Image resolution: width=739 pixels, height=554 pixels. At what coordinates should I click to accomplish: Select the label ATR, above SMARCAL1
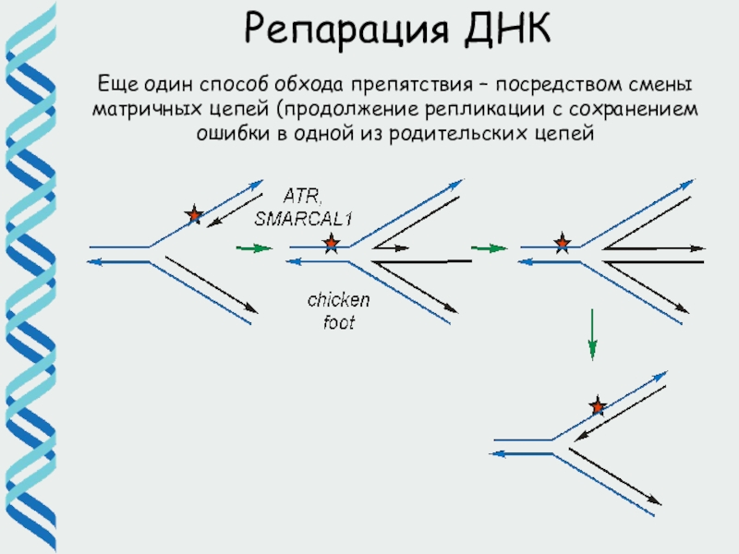(302, 196)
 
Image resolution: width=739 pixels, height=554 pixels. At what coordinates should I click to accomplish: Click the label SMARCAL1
(305, 219)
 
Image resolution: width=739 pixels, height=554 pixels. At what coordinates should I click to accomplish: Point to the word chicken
(339, 300)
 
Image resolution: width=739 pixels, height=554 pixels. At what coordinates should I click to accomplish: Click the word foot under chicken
(339, 323)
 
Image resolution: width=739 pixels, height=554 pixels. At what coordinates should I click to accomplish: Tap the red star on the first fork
(194, 216)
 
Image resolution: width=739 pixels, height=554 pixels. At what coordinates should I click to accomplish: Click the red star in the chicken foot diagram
(331, 245)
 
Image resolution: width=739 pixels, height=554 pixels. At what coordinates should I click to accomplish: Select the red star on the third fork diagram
(562, 245)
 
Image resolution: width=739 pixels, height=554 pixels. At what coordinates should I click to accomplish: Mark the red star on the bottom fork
(598, 406)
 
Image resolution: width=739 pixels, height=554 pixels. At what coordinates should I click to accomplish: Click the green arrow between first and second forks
(255, 248)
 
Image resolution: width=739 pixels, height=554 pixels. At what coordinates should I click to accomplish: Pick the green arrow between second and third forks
(490, 248)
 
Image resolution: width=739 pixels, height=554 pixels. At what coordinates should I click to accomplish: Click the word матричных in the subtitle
(138, 111)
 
